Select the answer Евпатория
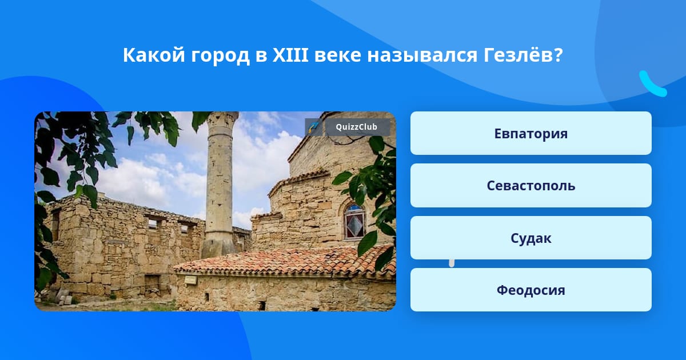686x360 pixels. click(x=531, y=133)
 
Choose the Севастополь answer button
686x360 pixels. click(x=531, y=186)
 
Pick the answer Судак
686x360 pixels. click(x=531, y=238)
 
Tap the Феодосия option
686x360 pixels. click(x=531, y=290)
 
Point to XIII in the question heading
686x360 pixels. click(x=290, y=55)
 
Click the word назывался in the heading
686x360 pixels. click(x=422, y=56)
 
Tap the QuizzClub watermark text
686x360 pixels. click(x=356, y=127)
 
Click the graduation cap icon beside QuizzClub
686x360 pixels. click(x=313, y=127)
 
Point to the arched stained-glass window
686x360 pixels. click(x=354, y=221)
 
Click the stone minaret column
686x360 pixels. click(x=220, y=183)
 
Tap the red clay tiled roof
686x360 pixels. click(x=285, y=262)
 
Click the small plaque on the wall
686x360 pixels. click(x=190, y=279)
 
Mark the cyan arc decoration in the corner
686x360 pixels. click(x=652, y=85)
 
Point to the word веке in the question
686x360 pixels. click(x=337, y=57)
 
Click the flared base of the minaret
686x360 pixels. click(x=218, y=247)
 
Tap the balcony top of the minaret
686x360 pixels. click(x=222, y=118)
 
